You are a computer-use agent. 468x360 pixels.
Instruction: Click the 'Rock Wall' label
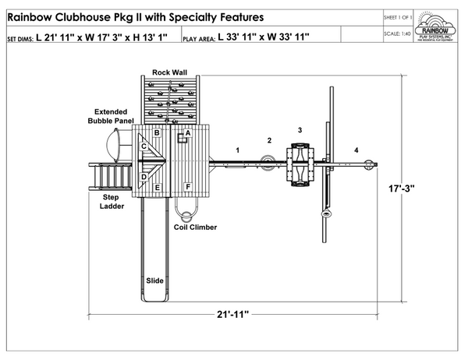point(169,72)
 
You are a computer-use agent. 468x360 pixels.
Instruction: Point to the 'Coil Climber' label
point(195,228)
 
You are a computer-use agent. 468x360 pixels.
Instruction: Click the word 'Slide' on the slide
point(154,280)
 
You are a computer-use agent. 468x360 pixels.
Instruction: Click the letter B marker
point(157,132)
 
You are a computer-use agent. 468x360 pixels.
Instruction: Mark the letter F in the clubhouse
point(187,188)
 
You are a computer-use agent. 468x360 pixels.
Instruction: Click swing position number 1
point(238,148)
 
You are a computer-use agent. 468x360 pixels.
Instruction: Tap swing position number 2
point(269,140)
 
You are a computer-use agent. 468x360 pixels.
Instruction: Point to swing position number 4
point(356,149)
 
